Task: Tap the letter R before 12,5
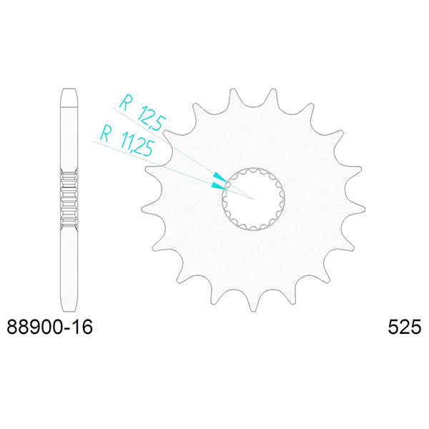click(x=124, y=100)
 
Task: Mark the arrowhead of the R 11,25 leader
click(x=218, y=186)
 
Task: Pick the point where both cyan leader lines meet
click(x=254, y=197)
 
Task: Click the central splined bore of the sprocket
click(x=255, y=198)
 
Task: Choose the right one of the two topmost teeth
click(x=272, y=94)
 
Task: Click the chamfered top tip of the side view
click(x=68, y=92)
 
